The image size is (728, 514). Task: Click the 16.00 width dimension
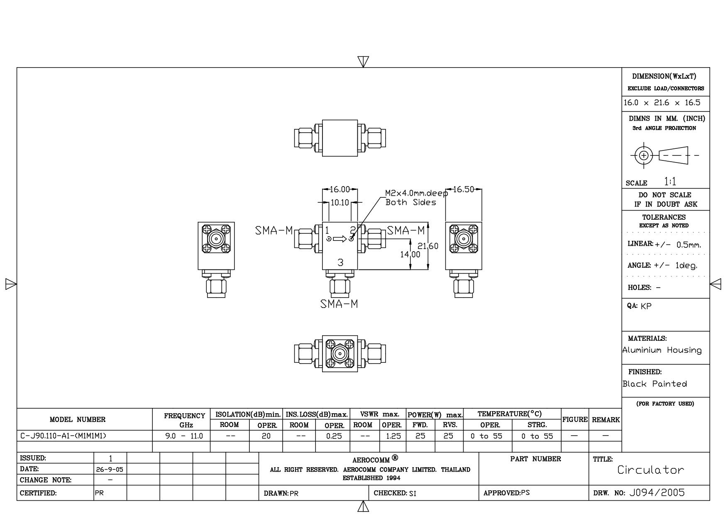coord(340,189)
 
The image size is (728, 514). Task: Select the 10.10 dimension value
coord(340,203)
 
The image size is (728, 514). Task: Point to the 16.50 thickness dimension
coord(463,189)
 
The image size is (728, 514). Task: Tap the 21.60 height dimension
coord(428,246)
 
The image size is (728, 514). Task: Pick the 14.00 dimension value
coord(410,254)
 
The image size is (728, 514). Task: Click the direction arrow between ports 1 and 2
coord(340,239)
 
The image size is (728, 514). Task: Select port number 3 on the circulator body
coord(340,262)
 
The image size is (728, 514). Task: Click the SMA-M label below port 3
coord(339,304)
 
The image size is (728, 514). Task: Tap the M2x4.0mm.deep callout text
coord(416,193)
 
